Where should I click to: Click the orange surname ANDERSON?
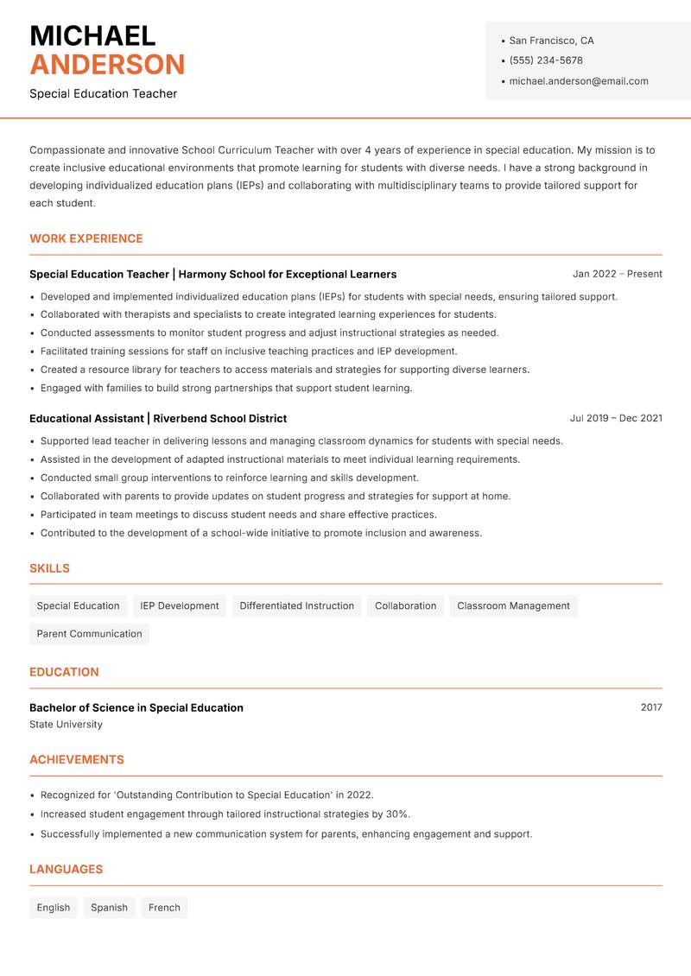pyautogui.click(x=107, y=65)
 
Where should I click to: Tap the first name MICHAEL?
pyautogui.click(x=92, y=35)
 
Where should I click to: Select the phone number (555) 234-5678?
pyautogui.click(x=546, y=60)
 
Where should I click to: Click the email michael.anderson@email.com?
pyautogui.click(x=579, y=81)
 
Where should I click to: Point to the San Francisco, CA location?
pyautogui.click(x=551, y=41)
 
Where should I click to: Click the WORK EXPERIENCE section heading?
pyautogui.click(x=86, y=238)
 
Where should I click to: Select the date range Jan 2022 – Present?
pyautogui.click(x=617, y=274)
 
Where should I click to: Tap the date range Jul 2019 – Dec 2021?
pyautogui.click(x=616, y=418)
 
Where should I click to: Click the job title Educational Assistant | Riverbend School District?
pyautogui.click(x=158, y=418)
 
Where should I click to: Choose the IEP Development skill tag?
pyautogui.click(x=180, y=606)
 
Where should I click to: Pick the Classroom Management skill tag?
pyautogui.click(x=513, y=606)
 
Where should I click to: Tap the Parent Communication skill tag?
pyautogui.click(x=89, y=634)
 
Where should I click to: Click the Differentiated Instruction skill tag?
pyautogui.click(x=297, y=606)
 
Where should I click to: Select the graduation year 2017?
pyautogui.click(x=651, y=707)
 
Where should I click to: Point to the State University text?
pyautogui.click(x=66, y=725)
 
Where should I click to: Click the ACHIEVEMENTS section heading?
pyautogui.click(x=77, y=760)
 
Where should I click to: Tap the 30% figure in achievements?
pyautogui.click(x=397, y=814)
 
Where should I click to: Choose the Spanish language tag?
pyautogui.click(x=109, y=908)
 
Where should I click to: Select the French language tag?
pyautogui.click(x=164, y=908)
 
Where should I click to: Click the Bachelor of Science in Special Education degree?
pyautogui.click(x=136, y=707)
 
